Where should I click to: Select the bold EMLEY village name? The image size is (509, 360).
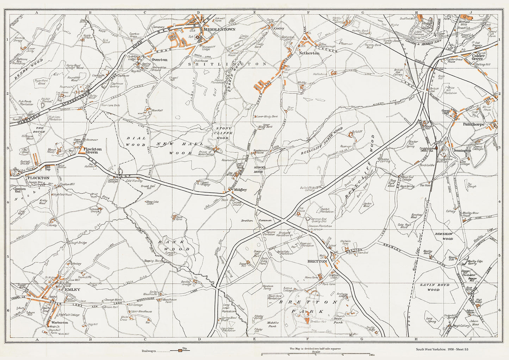(x=73, y=289)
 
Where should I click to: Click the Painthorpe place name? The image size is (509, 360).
(x=474, y=124)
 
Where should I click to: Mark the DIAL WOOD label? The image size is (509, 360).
(x=136, y=142)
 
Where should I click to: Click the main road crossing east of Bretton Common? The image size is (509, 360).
(x=284, y=221)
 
